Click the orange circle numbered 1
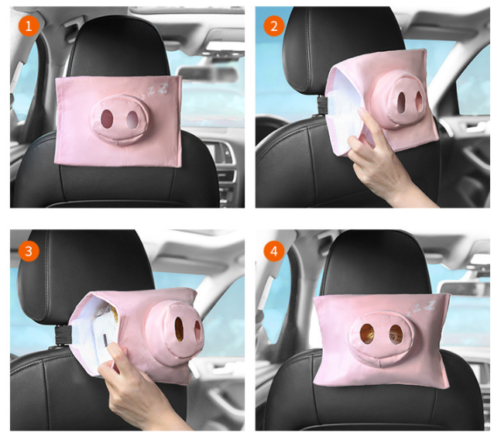[x=29, y=26]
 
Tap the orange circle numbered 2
[x=274, y=26]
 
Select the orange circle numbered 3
[x=29, y=251]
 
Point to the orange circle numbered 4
[x=274, y=251]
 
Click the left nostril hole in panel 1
[x=107, y=118]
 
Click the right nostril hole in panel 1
[x=132, y=119]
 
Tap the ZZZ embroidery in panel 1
[x=156, y=90]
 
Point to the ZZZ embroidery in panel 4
[x=424, y=308]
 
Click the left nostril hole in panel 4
[x=367, y=334]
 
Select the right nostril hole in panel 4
[x=396, y=335]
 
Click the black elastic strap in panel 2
[x=322, y=105]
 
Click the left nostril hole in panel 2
[x=402, y=102]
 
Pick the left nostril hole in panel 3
[x=179, y=329]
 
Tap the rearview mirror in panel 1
[x=208, y=74]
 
